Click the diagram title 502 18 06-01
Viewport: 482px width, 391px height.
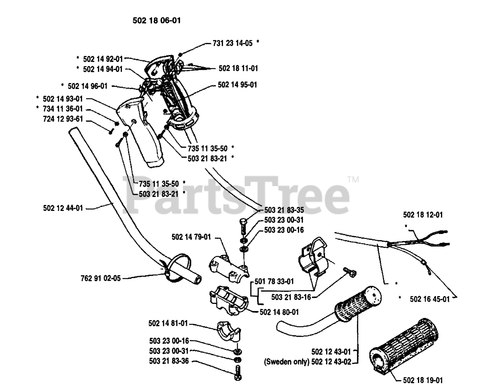point(157,21)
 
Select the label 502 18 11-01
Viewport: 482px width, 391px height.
point(238,69)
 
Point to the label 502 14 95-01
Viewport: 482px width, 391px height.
point(237,85)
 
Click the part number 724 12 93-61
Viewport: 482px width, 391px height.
point(63,120)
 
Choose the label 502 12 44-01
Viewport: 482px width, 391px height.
point(63,208)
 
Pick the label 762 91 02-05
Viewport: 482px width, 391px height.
point(101,278)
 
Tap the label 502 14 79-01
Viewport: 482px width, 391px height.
point(191,237)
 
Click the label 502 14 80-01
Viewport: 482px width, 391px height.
point(279,312)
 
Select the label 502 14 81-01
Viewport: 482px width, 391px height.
point(168,323)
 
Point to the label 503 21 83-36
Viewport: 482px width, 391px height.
point(169,361)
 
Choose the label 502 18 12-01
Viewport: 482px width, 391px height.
point(423,215)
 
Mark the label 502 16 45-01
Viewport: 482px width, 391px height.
point(429,299)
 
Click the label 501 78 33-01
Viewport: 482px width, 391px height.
point(274,281)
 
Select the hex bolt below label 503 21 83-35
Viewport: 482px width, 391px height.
point(243,227)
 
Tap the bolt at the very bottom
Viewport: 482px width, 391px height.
point(238,375)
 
